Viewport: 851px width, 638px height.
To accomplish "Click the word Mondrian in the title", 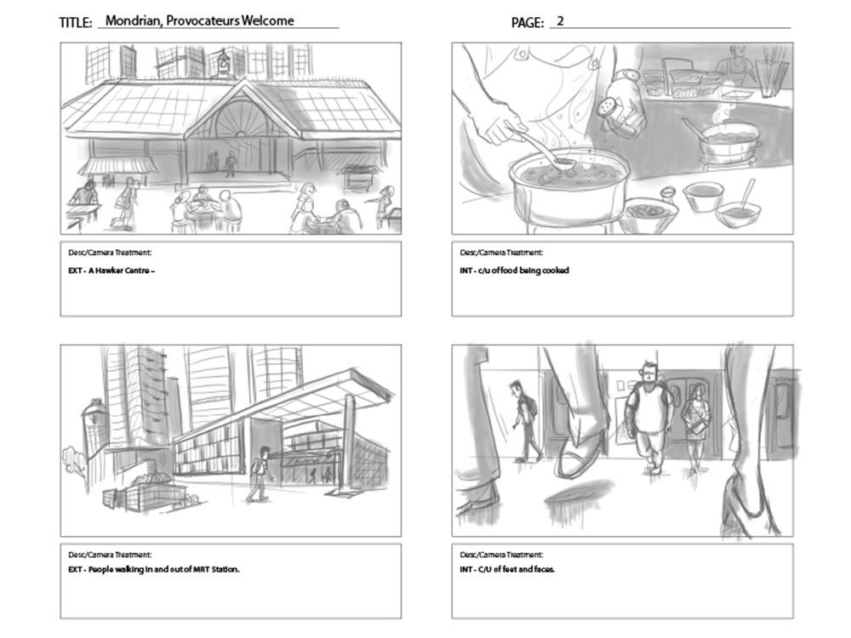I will [132, 20].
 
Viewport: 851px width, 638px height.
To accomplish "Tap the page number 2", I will [560, 20].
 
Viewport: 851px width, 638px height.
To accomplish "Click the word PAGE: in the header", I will [527, 22].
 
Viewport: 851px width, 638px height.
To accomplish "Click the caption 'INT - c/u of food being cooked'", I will [514, 271].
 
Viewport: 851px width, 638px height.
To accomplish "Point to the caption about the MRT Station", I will [154, 569].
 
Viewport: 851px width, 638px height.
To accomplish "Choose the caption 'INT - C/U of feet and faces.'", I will [507, 569].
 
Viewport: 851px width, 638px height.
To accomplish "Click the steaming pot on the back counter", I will [730, 141].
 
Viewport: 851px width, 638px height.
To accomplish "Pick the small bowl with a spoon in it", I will [737, 209].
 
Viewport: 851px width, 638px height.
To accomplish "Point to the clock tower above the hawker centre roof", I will [223, 63].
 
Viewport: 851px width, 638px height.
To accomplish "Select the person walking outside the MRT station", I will [258, 473].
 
